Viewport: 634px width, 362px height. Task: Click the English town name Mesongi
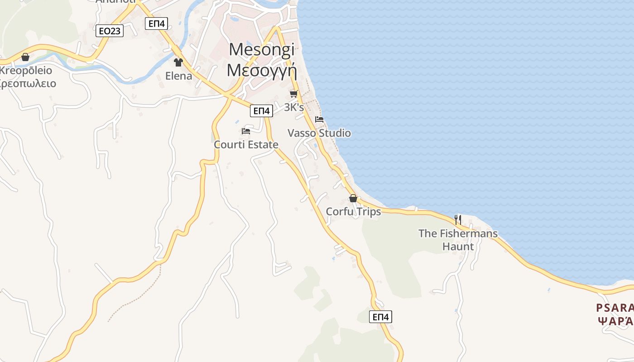[x=262, y=50]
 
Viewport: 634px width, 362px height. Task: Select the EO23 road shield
[x=110, y=31]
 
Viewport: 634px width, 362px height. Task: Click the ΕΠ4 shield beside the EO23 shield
[x=157, y=24]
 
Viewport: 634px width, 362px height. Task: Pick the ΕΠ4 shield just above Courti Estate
[x=261, y=111]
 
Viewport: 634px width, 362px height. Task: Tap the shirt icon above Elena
[x=178, y=62]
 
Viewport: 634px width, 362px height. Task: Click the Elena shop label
[x=178, y=76]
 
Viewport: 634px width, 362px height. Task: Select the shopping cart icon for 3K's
[x=293, y=94]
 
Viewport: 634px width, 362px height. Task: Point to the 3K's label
[x=293, y=107]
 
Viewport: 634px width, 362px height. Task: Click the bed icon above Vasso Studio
[x=319, y=119]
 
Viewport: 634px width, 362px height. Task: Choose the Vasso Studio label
[x=319, y=133]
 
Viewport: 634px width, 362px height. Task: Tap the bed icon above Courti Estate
[x=246, y=131]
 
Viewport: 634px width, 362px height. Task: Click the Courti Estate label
[x=246, y=145]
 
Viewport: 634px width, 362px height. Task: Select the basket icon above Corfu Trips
[x=353, y=198]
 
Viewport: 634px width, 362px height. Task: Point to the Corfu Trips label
[x=353, y=212]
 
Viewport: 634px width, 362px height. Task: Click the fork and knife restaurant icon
[x=458, y=220]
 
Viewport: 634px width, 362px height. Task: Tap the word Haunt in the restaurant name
[x=458, y=247]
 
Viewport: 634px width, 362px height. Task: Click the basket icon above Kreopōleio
[x=25, y=57]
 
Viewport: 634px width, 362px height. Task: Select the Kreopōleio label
[x=26, y=71]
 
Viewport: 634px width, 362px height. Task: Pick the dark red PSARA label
[x=615, y=308]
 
